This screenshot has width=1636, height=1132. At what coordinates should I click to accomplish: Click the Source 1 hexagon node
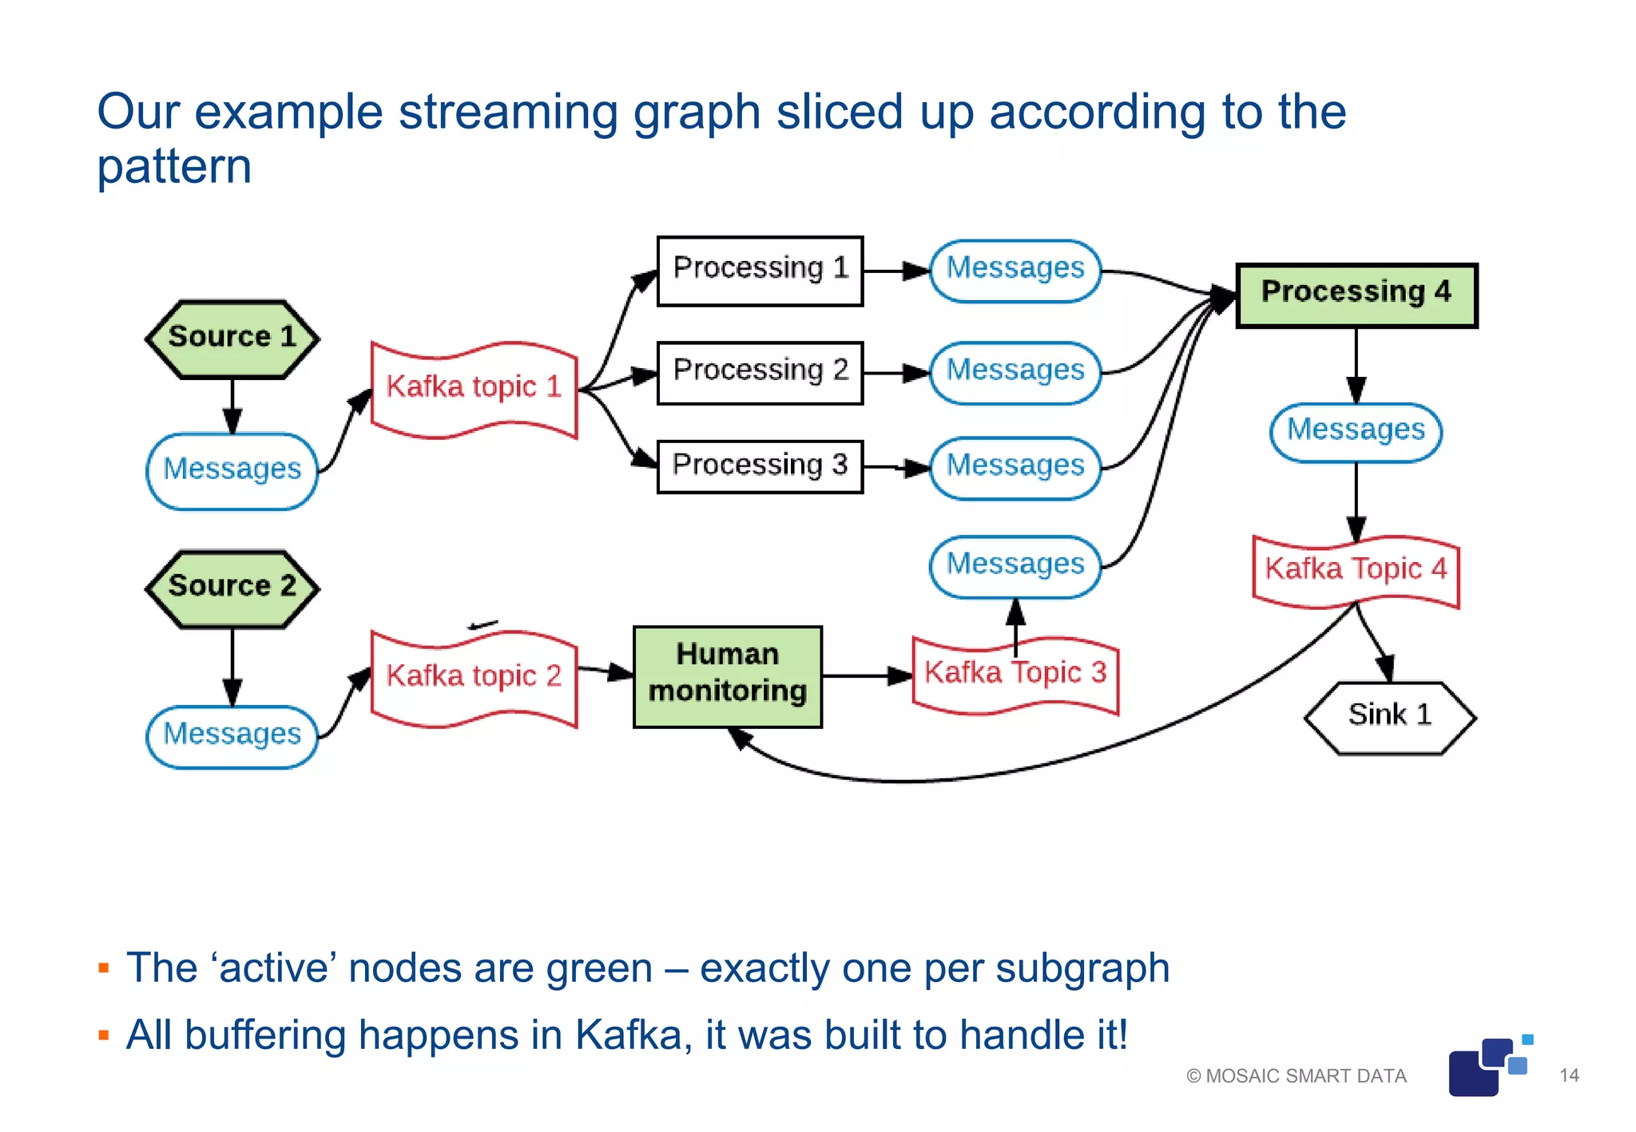coord(232,338)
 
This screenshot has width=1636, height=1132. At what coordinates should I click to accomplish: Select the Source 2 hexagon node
coord(232,588)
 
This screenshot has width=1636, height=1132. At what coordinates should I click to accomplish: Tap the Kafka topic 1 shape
coord(474,389)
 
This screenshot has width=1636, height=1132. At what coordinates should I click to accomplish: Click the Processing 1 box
coord(760,270)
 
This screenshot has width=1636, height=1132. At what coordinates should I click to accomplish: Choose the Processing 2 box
coord(760,372)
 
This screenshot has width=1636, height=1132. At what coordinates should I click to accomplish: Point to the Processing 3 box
coord(760,466)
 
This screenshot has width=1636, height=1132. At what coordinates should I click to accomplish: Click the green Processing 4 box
coord(1356,295)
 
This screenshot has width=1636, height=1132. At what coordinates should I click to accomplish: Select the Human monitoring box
coord(727,675)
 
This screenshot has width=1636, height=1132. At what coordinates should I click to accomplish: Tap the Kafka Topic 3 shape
coord(1015,675)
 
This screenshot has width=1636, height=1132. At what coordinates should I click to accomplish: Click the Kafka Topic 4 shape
coord(1356,571)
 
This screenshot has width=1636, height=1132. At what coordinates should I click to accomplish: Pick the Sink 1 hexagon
coord(1389,716)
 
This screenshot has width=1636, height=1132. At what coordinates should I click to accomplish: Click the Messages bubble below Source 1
coord(232,471)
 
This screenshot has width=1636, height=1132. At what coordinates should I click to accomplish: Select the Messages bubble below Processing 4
coord(1356,432)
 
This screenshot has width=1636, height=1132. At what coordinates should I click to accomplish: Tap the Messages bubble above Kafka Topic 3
coord(1015,566)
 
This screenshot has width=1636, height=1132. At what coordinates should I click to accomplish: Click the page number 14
coord(1569,1075)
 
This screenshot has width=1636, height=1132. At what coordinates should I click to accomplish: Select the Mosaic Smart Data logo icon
coord(1487,1067)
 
